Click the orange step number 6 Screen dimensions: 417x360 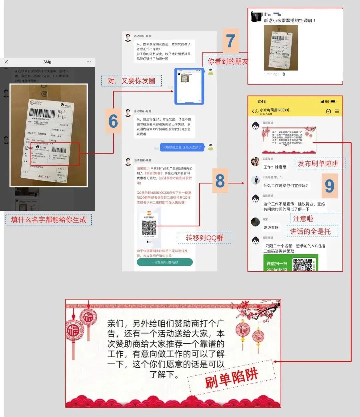[113, 121]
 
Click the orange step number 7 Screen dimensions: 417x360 [231, 41]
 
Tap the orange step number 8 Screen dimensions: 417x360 [220, 181]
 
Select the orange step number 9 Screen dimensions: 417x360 [329, 186]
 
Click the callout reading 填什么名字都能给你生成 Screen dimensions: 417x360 [49, 220]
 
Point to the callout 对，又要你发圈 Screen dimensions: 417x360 [131, 81]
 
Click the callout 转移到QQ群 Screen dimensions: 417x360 [204, 238]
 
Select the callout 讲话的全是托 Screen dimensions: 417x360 [310, 231]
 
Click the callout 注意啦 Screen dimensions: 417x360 [303, 219]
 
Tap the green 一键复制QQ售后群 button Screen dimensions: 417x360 [165, 262]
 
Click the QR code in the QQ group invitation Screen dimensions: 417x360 [149, 228]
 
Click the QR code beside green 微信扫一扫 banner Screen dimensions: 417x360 [302, 265]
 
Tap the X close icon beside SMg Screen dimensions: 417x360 [6, 62]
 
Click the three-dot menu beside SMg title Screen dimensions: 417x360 [88, 62]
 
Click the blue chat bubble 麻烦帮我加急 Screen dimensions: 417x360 [182, 147]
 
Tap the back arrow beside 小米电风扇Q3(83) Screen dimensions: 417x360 [253, 111]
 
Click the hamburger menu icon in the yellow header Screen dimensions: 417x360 [337, 111]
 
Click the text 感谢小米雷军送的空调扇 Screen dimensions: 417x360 [289, 20]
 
